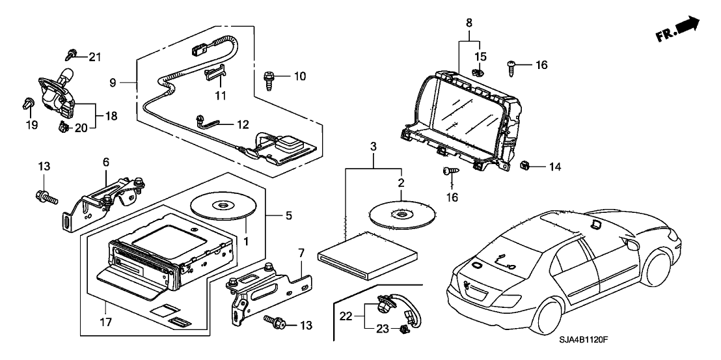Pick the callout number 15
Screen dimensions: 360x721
click(x=480, y=57)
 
